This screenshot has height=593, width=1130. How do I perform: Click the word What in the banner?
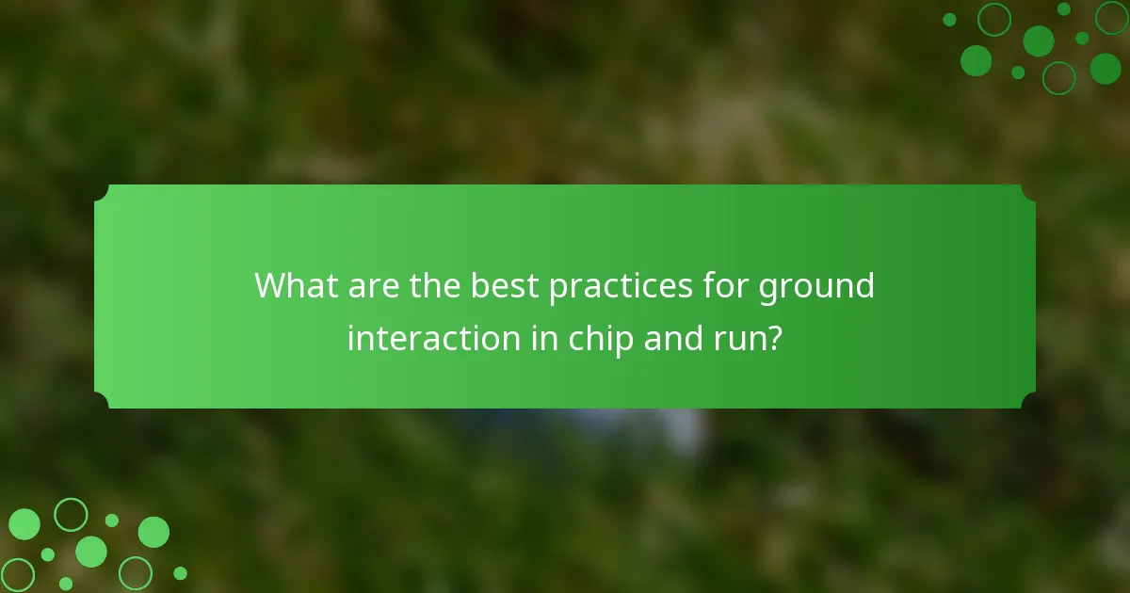point(295,285)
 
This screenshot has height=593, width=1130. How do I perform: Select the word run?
point(744,340)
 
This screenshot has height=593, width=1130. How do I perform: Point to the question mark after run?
point(774,338)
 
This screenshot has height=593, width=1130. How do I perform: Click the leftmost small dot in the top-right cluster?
point(949,20)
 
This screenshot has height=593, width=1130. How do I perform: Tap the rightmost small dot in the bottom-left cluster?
point(180,573)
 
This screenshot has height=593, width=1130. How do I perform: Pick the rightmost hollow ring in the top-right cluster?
point(1111,17)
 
